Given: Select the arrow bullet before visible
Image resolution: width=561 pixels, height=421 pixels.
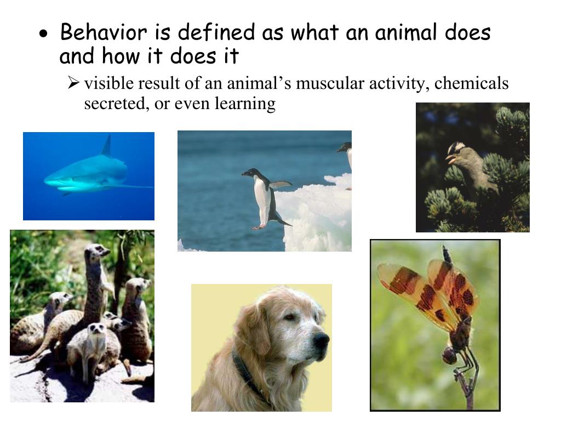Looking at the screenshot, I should [x=74, y=84].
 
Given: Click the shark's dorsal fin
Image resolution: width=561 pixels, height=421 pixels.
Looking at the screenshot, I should [x=107, y=146].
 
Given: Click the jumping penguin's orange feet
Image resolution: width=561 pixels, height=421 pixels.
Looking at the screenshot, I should [x=258, y=226].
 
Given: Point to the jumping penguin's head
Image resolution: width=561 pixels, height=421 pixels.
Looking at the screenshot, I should [x=250, y=173].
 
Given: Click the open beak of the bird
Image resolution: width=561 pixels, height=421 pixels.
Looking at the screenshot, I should [x=450, y=160].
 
